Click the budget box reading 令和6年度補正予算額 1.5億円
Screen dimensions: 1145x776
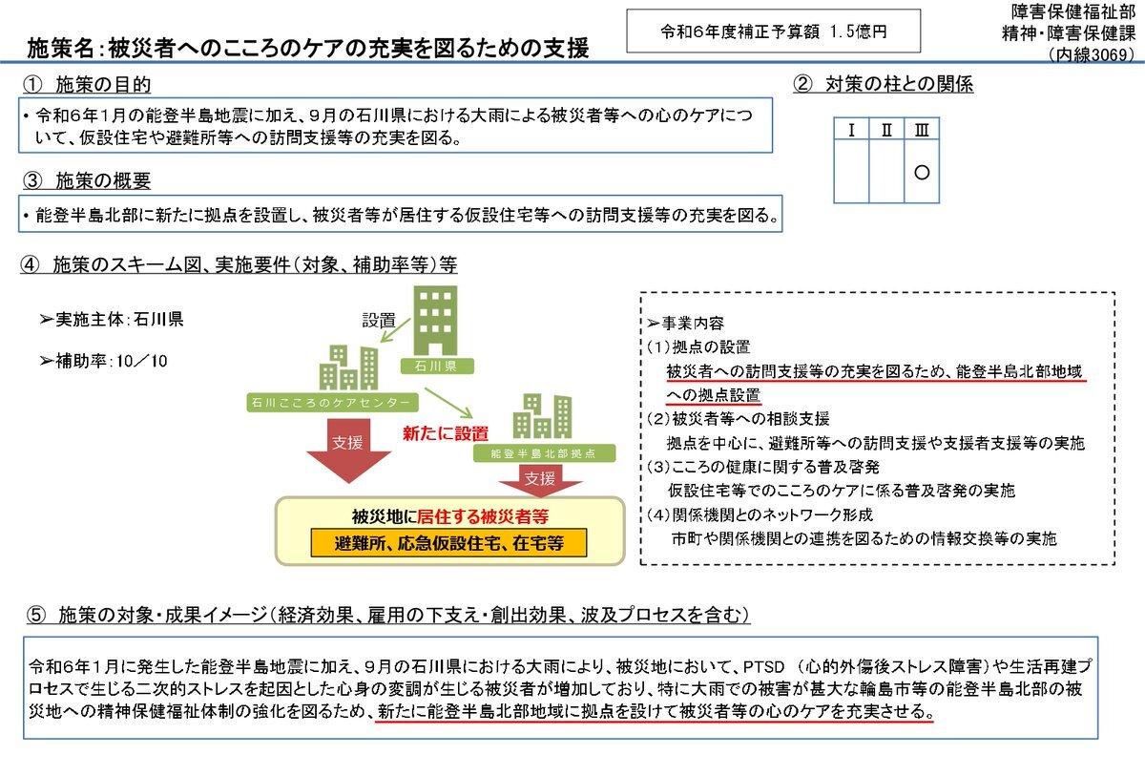pyautogui.click(x=774, y=31)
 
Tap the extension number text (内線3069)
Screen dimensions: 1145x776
pyautogui.click(x=1091, y=54)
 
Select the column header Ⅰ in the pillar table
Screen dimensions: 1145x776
pyautogui.click(x=851, y=130)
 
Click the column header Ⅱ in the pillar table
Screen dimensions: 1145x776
pyautogui.click(x=886, y=130)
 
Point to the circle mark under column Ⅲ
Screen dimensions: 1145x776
pyautogui.click(x=922, y=172)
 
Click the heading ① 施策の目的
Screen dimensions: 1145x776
pyautogui.click(x=87, y=84)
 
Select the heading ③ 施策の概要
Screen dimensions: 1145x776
pyautogui.click(x=87, y=180)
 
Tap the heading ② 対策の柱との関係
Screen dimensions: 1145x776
pyautogui.click(x=884, y=84)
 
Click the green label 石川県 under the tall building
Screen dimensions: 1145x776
pyautogui.click(x=437, y=366)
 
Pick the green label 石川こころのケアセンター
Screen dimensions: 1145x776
pyautogui.click(x=332, y=402)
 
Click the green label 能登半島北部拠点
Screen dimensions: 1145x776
pyautogui.click(x=544, y=453)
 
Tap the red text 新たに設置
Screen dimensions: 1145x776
pyautogui.click(x=446, y=433)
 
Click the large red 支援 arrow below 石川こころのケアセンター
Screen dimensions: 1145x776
pyautogui.click(x=348, y=451)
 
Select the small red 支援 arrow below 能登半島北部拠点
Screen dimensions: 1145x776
pyautogui.click(x=540, y=480)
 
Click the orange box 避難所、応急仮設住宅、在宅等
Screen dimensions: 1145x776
pyautogui.click(x=448, y=543)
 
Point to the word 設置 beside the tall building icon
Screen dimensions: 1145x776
pyautogui.click(x=379, y=321)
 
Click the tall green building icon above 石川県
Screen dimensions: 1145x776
pyautogui.click(x=435, y=321)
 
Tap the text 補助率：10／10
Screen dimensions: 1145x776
pyautogui.click(x=104, y=361)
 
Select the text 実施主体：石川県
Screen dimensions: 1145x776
pyautogui.click(x=112, y=319)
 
